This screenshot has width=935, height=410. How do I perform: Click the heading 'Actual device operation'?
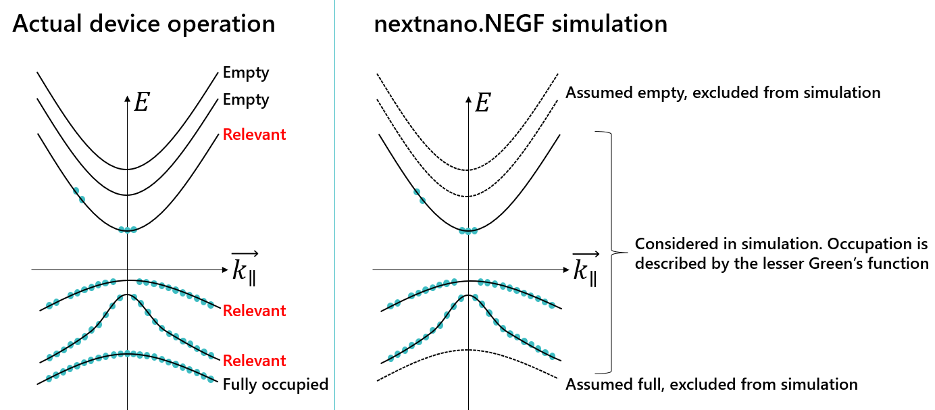pyautogui.click(x=144, y=24)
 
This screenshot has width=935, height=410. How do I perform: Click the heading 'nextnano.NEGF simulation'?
pyautogui.click(x=521, y=24)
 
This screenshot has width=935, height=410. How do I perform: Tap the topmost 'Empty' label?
pyautogui.click(x=246, y=72)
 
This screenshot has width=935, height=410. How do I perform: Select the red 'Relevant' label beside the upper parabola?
pyautogui.click(x=254, y=134)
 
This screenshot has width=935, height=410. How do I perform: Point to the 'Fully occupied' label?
pyautogui.click(x=275, y=384)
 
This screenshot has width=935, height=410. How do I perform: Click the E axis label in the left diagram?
pyautogui.click(x=142, y=103)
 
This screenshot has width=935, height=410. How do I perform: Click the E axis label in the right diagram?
pyautogui.click(x=482, y=103)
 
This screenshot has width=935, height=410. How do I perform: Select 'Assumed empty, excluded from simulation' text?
pyautogui.click(x=723, y=93)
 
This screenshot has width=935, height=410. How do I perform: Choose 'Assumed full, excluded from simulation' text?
pyautogui.click(x=711, y=384)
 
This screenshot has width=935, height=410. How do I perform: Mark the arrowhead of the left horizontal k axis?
pyautogui.click(x=225, y=270)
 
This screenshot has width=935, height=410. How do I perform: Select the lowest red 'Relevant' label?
pyautogui.click(x=254, y=361)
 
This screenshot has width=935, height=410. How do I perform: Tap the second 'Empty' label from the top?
pyautogui.click(x=246, y=101)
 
